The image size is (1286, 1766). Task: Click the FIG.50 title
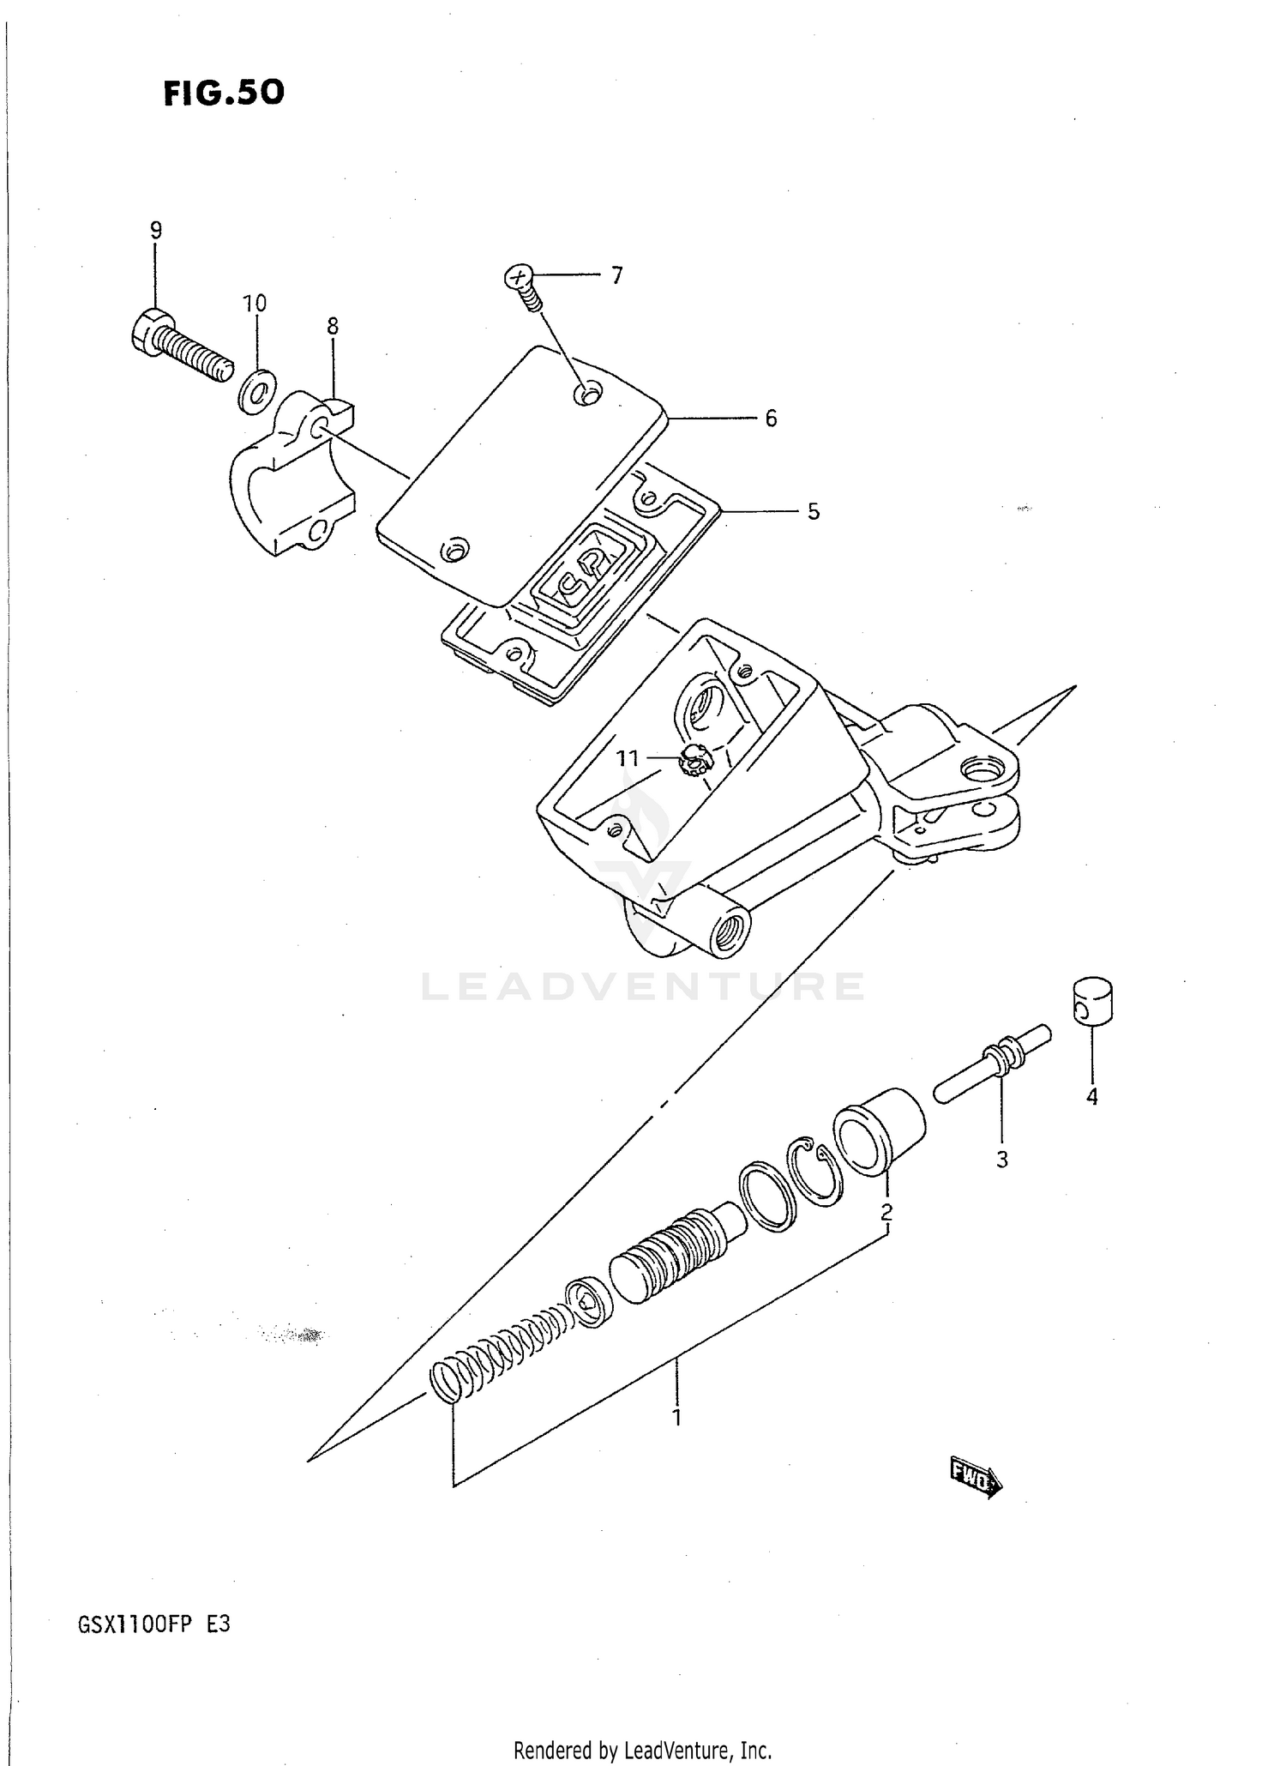coord(224,93)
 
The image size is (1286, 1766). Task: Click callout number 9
coord(155,230)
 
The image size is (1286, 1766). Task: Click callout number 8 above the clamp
coord(333,326)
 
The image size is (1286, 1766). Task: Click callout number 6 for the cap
coord(771,419)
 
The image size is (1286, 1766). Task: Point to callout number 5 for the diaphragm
coord(813,511)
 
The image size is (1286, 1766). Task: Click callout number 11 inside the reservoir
coord(628,758)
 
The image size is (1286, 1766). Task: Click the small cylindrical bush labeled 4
coord(1092,1000)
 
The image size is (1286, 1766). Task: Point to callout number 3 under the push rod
coord(1001,1160)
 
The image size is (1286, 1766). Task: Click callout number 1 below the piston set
coord(676,1418)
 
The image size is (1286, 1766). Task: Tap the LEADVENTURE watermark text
coord(642,987)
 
